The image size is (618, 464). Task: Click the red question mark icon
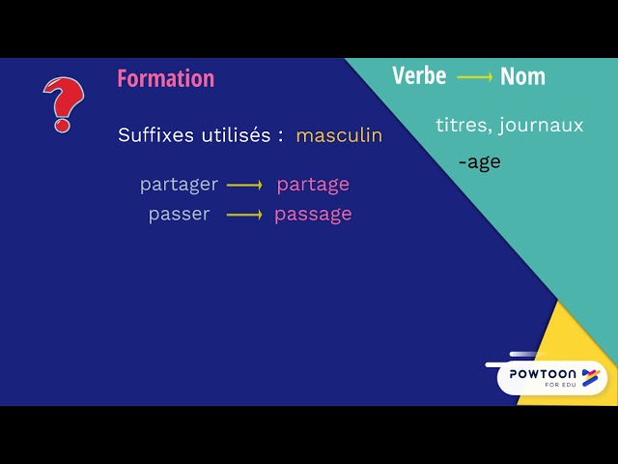tap(63, 103)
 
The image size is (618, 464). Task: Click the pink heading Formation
tap(166, 78)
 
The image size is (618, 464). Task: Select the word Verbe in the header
tap(419, 76)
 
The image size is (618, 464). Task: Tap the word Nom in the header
tap(522, 76)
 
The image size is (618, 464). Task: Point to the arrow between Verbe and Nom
tap(474, 77)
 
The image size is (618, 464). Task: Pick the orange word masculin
tap(339, 135)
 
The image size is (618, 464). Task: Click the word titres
tap(463, 126)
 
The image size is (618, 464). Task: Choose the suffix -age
tap(479, 162)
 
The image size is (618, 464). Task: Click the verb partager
tap(179, 185)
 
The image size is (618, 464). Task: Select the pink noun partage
tap(313, 185)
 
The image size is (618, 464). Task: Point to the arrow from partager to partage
tap(244, 185)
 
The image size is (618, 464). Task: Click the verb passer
tap(179, 214)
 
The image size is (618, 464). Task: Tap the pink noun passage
tap(313, 214)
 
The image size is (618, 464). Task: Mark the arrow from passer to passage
tap(244, 214)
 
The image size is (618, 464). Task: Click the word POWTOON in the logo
tap(543, 373)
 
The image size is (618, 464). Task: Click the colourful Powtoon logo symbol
tap(590, 376)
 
